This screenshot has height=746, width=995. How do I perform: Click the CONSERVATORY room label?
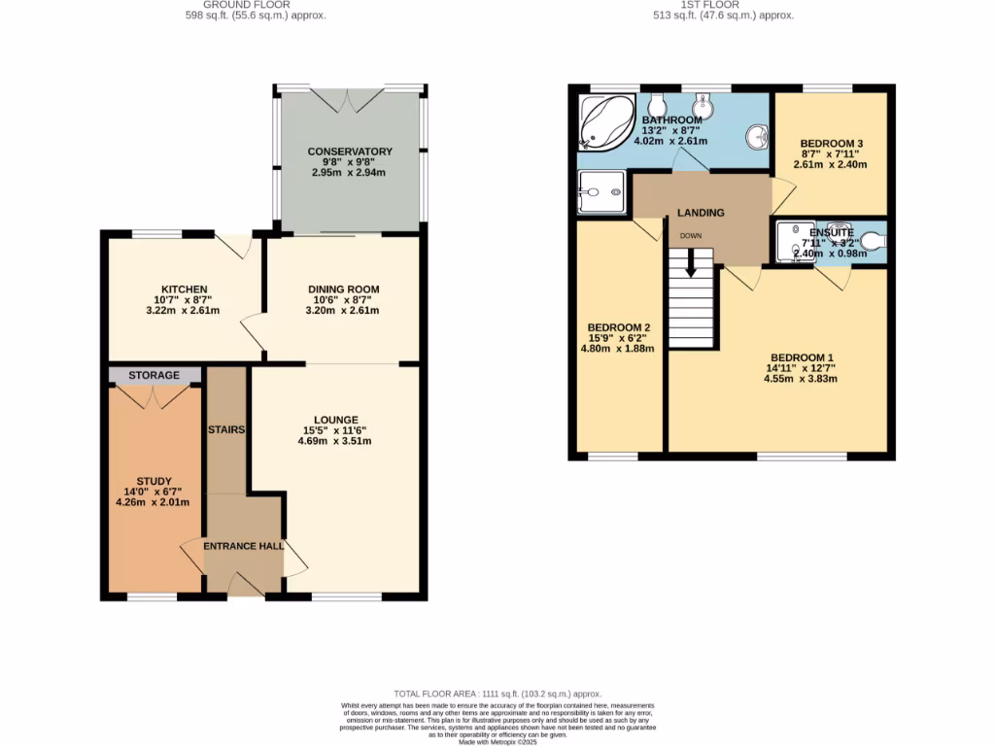point(350,152)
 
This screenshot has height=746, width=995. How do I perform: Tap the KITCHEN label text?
point(184,289)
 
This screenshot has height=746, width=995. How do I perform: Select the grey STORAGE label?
point(154,375)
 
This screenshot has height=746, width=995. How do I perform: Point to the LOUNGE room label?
point(335,420)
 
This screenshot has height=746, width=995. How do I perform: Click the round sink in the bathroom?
point(754,139)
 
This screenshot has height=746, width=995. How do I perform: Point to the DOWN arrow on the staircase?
point(691,259)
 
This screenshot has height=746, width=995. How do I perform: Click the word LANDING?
point(701,213)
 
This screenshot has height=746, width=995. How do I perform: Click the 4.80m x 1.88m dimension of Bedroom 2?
point(619,348)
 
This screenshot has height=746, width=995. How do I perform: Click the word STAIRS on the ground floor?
point(224,428)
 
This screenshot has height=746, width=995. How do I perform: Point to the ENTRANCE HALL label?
point(243,546)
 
